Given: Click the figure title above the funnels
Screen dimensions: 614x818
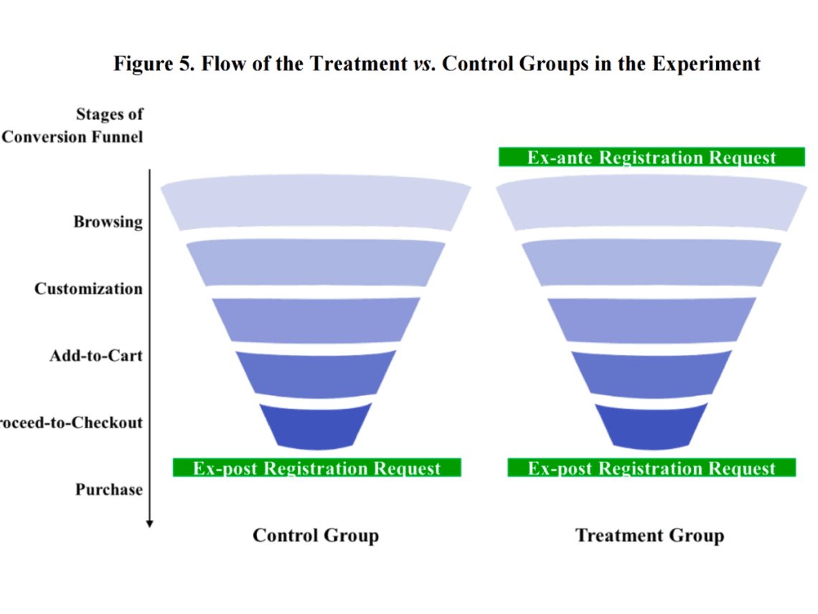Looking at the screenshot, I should pyautogui.click(x=437, y=64).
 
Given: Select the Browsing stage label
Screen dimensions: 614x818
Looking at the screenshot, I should pyautogui.click(x=108, y=222).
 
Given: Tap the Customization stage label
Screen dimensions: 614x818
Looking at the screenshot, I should pyautogui.click(x=88, y=289).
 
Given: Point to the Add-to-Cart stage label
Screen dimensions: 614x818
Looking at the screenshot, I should pyautogui.click(x=96, y=356).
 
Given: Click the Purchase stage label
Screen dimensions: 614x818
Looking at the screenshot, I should pyautogui.click(x=109, y=490).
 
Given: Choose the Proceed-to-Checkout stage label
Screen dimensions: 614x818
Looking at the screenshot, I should pyautogui.click(x=72, y=422).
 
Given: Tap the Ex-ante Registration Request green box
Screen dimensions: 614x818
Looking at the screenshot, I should pyautogui.click(x=652, y=157).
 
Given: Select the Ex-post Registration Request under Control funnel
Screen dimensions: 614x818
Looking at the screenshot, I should pyautogui.click(x=316, y=468).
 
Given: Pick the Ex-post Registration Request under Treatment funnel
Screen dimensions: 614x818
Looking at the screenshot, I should pyautogui.click(x=652, y=468).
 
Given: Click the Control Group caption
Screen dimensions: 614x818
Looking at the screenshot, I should pyautogui.click(x=316, y=535).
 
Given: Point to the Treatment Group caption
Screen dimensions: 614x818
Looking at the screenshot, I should pyautogui.click(x=650, y=535).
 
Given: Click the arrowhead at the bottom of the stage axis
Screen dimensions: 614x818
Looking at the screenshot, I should pyautogui.click(x=149, y=523).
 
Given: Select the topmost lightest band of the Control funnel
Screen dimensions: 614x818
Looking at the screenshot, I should pyautogui.click(x=316, y=204).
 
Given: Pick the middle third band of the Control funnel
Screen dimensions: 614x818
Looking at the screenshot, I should pyautogui.click(x=316, y=319).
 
